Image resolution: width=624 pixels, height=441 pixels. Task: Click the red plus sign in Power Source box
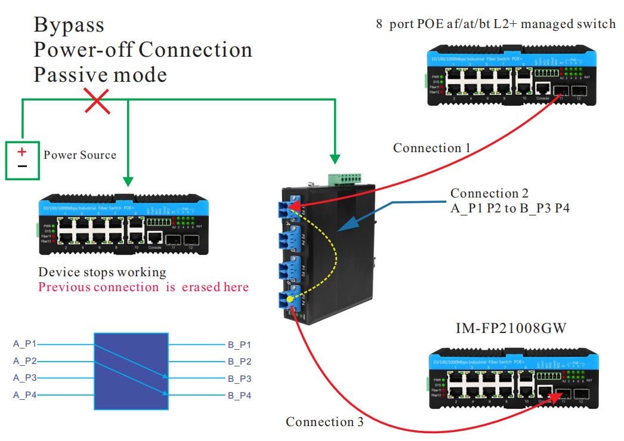pyautogui.click(x=22, y=152)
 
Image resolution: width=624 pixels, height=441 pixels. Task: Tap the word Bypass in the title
pyautogui.click(x=69, y=25)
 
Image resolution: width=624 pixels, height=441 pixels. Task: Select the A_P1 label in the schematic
pyautogui.click(x=24, y=344)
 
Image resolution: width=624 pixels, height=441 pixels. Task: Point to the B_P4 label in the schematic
pyautogui.click(x=239, y=395)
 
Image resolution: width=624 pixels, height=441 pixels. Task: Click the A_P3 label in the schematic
pyautogui.click(x=24, y=378)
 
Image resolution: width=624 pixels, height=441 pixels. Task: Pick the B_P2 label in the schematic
pyautogui.click(x=239, y=361)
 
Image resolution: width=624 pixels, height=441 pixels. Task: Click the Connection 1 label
pyautogui.click(x=431, y=148)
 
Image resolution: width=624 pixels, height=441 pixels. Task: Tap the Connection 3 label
pyautogui.click(x=324, y=422)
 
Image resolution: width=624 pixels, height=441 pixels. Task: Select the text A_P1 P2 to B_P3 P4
pyautogui.click(x=509, y=208)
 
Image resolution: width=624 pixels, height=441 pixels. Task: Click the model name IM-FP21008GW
pyautogui.click(x=511, y=328)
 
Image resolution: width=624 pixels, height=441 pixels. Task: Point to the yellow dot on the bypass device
pyautogui.click(x=290, y=298)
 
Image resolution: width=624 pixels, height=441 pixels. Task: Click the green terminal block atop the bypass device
pyautogui.click(x=345, y=178)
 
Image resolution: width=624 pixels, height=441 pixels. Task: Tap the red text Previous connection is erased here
pyautogui.click(x=143, y=287)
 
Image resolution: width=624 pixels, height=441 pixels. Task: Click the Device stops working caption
pyautogui.click(x=102, y=272)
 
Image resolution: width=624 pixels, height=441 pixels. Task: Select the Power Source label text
pyautogui.click(x=80, y=155)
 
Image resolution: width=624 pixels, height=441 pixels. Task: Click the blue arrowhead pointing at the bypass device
pyautogui.click(x=345, y=226)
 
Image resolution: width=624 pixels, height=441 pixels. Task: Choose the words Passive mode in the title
pyautogui.click(x=100, y=75)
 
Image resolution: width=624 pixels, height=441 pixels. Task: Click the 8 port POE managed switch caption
pyautogui.click(x=495, y=24)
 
